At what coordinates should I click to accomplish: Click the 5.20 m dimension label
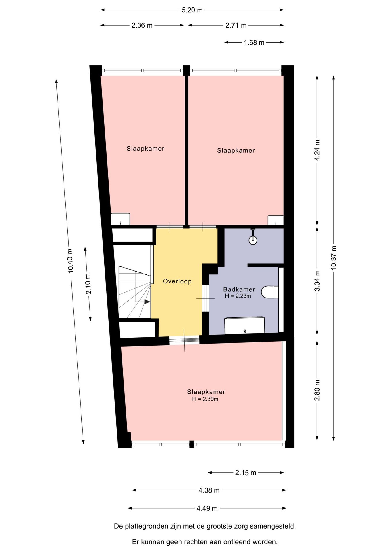pyautogui.click(x=192, y=10)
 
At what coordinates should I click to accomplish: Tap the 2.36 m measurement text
pyautogui.click(x=142, y=25)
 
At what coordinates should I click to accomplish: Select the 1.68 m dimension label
pyautogui.click(x=254, y=43)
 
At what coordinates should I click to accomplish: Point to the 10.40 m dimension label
pyautogui.click(x=70, y=261)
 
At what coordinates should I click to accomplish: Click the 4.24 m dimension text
pyautogui.click(x=317, y=150)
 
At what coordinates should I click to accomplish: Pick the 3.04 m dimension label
pyautogui.click(x=317, y=281)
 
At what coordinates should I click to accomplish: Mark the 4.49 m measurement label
pyautogui.click(x=207, y=508)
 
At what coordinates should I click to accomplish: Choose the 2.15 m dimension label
pyautogui.click(x=246, y=473)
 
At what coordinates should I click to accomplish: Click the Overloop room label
pyautogui.click(x=177, y=281)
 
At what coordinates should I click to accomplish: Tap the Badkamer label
pyautogui.click(x=239, y=289)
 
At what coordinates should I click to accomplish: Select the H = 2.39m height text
pyautogui.click(x=205, y=399)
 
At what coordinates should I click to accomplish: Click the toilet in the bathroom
pyautogui.click(x=270, y=292)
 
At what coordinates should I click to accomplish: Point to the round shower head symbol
pyautogui.click(x=253, y=240)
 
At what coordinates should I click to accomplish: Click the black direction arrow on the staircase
pyautogui.click(x=147, y=302)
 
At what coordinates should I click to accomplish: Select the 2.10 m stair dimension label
pyautogui.click(x=88, y=284)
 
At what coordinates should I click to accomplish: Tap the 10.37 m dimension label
pyautogui.click(x=333, y=258)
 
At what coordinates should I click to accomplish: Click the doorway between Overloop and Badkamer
pyautogui.click(x=205, y=298)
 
